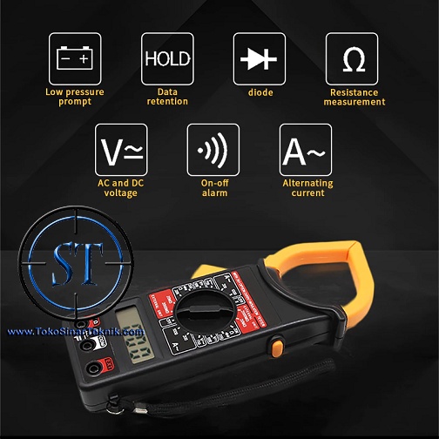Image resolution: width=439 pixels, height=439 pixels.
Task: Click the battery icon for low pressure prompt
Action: (74, 58)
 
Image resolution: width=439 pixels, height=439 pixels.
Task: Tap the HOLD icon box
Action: (167, 58)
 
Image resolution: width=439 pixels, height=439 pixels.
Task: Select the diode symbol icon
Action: (260, 58)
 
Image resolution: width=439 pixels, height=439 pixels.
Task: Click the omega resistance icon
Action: (353, 58)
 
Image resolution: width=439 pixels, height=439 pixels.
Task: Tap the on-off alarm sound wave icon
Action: (213, 150)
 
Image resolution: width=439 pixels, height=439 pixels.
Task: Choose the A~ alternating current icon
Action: (306, 150)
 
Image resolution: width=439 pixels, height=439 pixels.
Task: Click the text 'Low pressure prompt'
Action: (74, 97)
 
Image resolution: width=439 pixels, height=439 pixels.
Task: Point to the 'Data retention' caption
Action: (167, 97)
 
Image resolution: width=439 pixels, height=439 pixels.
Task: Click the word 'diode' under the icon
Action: (260, 92)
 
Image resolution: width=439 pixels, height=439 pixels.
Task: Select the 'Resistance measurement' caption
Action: (354, 97)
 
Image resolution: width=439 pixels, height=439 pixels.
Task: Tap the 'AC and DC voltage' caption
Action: (121, 188)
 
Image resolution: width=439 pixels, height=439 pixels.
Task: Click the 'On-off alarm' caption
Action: (213, 188)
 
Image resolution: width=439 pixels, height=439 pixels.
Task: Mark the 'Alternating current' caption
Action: (307, 188)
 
